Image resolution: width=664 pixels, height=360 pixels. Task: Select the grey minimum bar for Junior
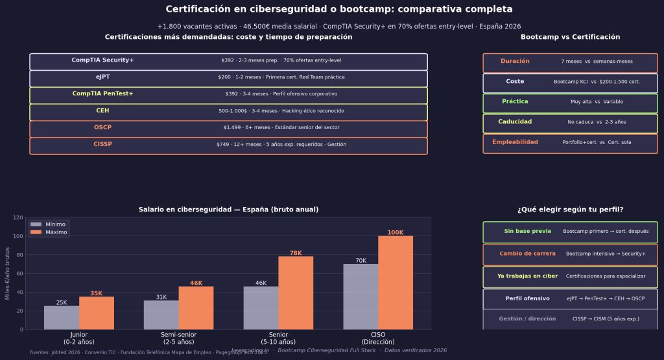pyautogui.click(x=62, y=317)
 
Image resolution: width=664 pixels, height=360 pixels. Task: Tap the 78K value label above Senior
pyautogui.click(x=296, y=253)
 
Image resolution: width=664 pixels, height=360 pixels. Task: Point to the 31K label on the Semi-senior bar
pyautogui.click(x=161, y=297)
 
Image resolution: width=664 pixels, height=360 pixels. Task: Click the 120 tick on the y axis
pyautogui.click(x=19, y=218)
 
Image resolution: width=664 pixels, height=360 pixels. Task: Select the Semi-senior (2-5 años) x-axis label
pyautogui.click(x=179, y=338)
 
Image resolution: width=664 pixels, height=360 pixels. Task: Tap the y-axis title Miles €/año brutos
pyautogui.click(x=7, y=273)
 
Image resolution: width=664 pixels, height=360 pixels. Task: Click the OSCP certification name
pyautogui.click(x=102, y=127)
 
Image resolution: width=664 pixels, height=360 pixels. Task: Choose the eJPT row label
pyautogui.click(x=102, y=77)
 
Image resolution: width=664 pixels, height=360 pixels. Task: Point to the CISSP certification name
pyautogui.click(x=102, y=144)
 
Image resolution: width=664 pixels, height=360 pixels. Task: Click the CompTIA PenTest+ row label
pyautogui.click(x=102, y=93)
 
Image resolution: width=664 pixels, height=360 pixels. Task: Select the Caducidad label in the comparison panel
pyautogui.click(x=515, y=121)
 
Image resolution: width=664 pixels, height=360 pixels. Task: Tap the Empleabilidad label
pyautogui.click(x=515, y=141)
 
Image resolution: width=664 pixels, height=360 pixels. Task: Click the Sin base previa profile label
pyautogui.click(x=527, y=231)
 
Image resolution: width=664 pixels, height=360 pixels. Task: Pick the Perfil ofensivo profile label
pyautogui.click(x=527, y=298)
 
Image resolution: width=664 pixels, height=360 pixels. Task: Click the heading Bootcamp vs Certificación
pyautogui.click(x=570, y=37)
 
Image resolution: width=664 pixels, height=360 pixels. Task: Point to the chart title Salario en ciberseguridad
pyautogui.click(x=228, y=210)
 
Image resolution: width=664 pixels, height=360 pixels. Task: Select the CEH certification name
pyautogui.click(x=102, y=110)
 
